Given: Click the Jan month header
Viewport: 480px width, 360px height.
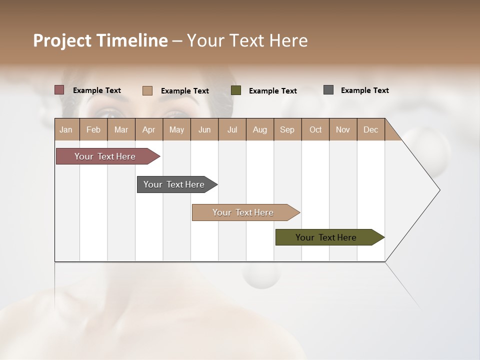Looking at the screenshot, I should [66, 129].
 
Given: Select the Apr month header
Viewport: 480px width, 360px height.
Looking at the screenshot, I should [149, 129].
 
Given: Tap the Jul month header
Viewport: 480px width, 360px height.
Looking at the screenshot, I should [232, 129].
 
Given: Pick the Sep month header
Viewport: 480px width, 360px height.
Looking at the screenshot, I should [287, 129].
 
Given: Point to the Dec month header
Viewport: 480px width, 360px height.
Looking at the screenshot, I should [370, 129].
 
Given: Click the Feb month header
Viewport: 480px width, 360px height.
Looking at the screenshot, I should [93, 129].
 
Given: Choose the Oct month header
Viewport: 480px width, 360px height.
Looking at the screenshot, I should [315, 129].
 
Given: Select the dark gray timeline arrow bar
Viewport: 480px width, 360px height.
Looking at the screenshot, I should [175, 184].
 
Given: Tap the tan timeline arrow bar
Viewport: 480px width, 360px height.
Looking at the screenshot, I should [244, 212].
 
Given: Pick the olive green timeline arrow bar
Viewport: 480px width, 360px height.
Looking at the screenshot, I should [327, 237].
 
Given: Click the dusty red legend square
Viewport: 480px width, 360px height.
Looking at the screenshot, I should [59, 90].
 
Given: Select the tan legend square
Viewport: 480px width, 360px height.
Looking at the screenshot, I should [147, 90].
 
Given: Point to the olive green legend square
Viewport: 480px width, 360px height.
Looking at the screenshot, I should [236, 90].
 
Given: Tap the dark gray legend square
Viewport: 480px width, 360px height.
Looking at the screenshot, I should [328, 90].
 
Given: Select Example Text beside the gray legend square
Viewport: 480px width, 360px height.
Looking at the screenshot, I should [364, 90].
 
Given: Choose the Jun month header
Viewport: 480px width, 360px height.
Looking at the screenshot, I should [204, 129].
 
